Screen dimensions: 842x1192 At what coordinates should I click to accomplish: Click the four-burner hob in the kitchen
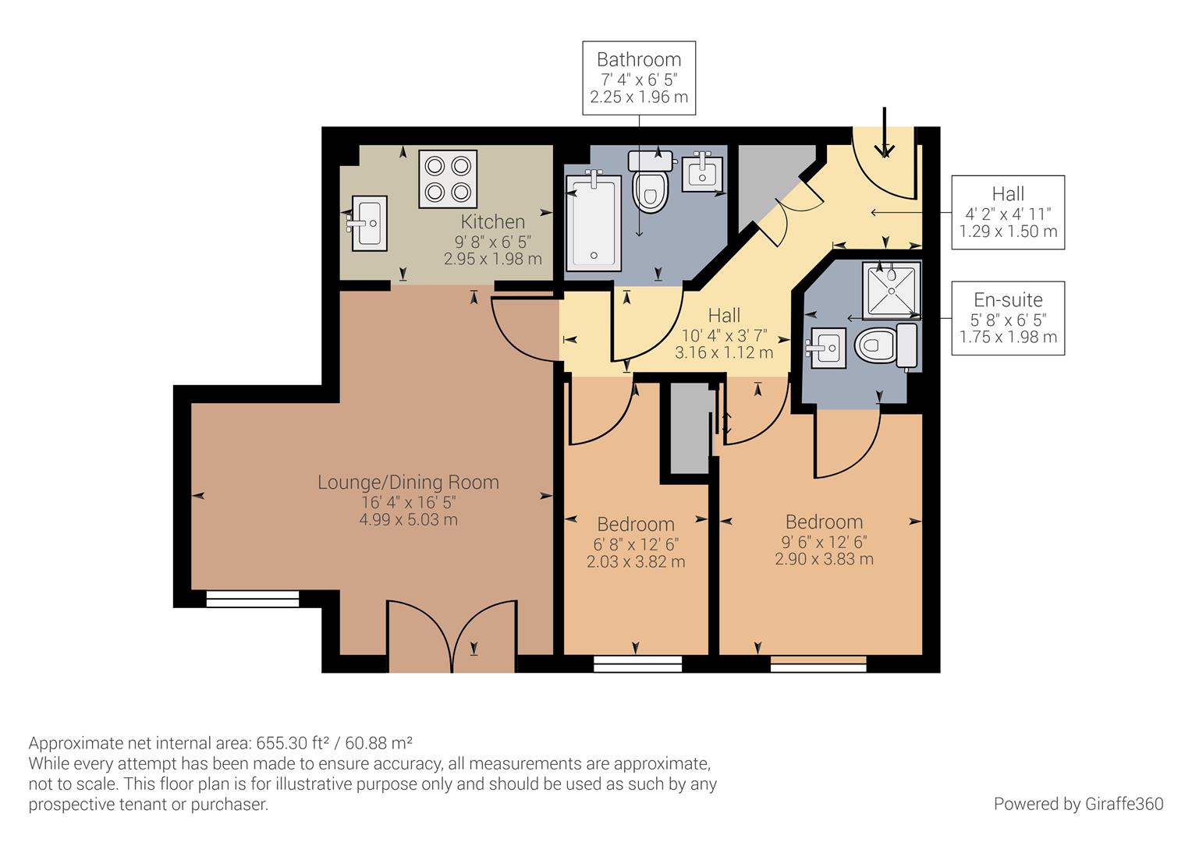448,179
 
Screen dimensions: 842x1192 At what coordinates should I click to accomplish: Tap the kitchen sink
368,223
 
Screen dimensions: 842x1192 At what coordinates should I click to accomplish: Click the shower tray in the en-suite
891,289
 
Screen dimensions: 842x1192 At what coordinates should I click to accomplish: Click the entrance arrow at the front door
884,133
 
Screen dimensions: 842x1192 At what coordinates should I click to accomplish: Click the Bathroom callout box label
639,78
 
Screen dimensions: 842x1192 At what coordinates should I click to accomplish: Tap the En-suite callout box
1008,318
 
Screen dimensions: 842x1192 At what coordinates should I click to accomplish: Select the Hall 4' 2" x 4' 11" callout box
1008,212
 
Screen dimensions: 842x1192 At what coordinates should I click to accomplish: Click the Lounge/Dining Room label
408,483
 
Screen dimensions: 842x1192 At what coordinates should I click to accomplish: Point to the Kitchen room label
493,221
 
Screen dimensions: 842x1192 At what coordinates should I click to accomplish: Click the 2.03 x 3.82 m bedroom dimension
636,562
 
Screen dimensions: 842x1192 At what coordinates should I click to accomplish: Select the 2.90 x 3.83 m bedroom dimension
824,560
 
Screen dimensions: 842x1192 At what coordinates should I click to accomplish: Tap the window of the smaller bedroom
637,663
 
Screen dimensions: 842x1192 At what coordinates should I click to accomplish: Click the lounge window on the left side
253,599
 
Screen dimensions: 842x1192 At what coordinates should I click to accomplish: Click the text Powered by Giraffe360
1078,804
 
